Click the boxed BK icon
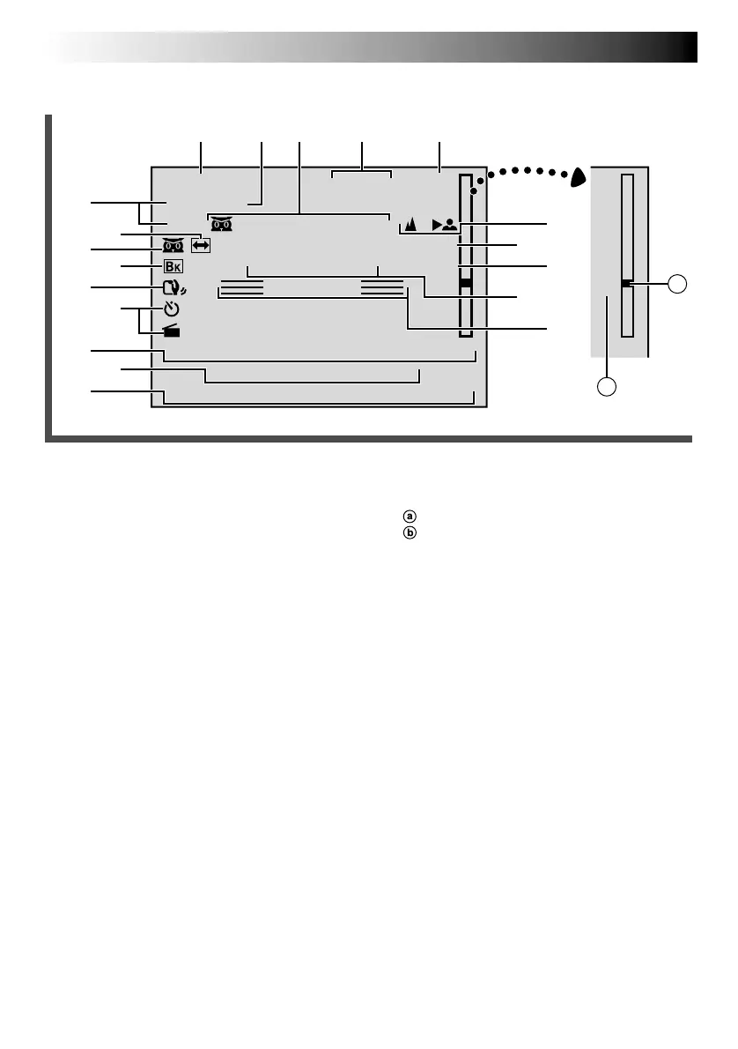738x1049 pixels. point(173,265)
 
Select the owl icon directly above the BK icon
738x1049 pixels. point(173,247)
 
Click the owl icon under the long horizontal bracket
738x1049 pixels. point(221,225)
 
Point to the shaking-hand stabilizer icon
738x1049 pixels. point(173,288)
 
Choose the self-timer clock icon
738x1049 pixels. point(172,309)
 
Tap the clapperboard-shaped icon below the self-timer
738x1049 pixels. point(172,331)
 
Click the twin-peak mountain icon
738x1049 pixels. point(410,226)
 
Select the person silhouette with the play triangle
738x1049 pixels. point(445,225)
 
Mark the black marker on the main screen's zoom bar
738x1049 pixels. point(465,284)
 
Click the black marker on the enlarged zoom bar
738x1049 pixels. point(626,284)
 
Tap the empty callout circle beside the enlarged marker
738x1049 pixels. point(676,284)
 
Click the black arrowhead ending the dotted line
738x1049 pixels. point(578,177)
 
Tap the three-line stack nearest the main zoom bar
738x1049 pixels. point(382,286)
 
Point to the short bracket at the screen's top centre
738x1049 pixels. point(362,175)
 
